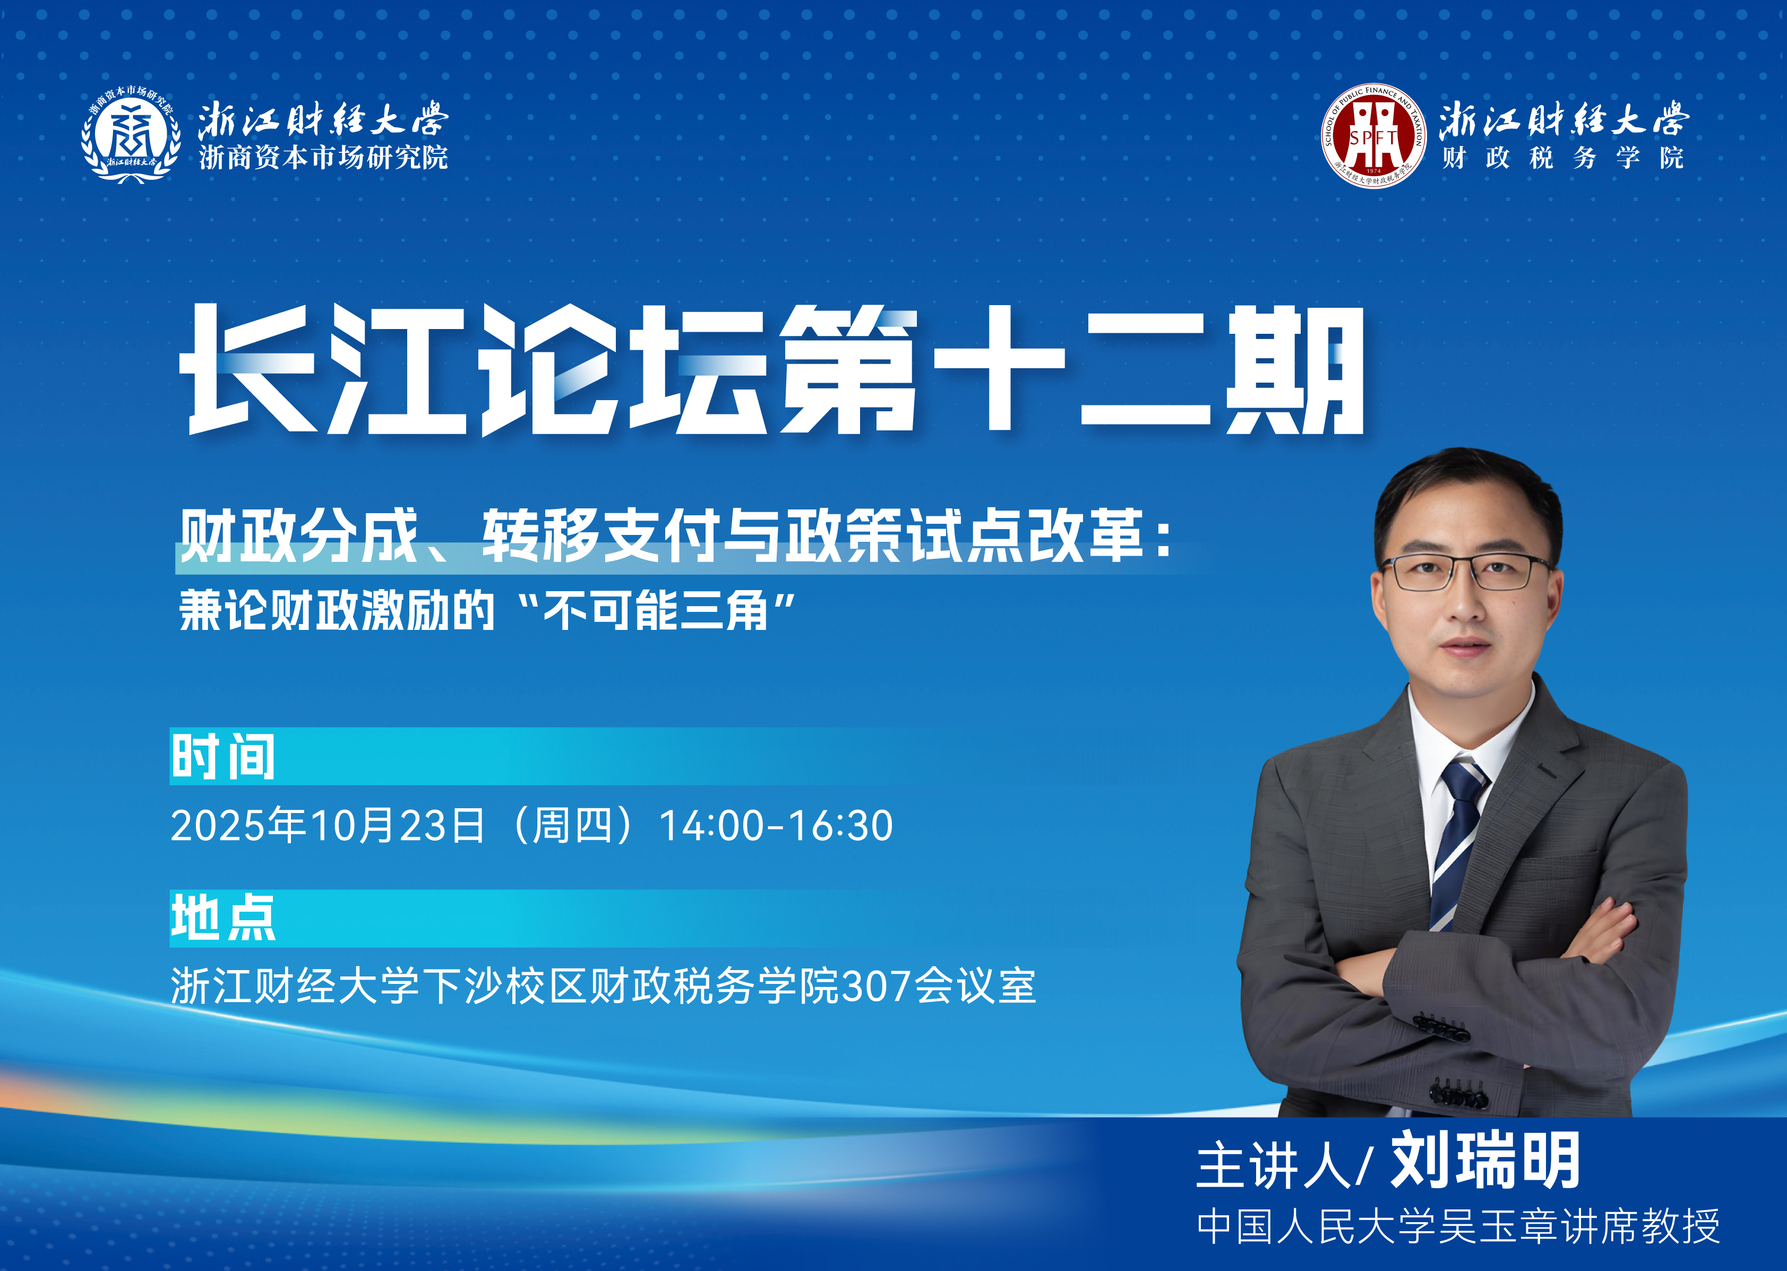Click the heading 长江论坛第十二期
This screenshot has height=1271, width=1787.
[x=772, y=369]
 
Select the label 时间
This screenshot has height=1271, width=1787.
[x=223, y=757]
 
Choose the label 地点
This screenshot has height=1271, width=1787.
[x=223, y=918]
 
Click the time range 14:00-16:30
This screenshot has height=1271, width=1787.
[x=776, y=826]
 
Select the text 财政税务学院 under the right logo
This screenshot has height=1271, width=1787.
[x=1562, y=158]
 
